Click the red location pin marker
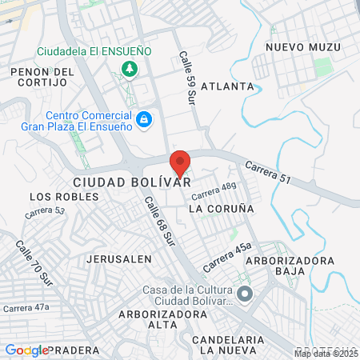coord(181,162)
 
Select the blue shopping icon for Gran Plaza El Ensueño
coord(144,120)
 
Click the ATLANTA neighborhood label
coord(227,86)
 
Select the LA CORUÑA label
coord(221,208)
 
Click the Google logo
coord(27,350)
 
